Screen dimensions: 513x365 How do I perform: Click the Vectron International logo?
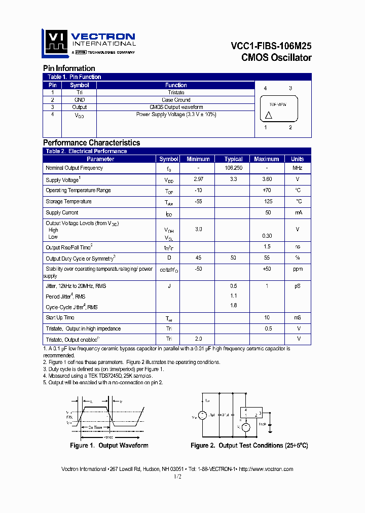[89, 43]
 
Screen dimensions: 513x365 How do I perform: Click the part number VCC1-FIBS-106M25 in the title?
[271, 46]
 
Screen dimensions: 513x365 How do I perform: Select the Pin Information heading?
[69, 68]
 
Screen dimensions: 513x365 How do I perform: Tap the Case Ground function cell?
[176, 100]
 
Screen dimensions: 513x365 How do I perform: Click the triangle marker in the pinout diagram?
[269, 116]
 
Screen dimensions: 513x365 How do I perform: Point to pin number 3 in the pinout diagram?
[290, 88]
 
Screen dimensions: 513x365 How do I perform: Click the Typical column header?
[233, 159]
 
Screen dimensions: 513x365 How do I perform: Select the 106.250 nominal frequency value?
[233, 168]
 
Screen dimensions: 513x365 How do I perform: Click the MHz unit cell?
[297, 168]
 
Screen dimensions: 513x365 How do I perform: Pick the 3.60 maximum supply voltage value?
[266, 179]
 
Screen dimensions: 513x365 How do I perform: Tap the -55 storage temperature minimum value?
[198, 201]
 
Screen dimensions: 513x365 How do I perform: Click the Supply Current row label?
[62, 213]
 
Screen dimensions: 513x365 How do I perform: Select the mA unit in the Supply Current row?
[297, 213]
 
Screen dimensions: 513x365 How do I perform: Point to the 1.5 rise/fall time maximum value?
[267, 246]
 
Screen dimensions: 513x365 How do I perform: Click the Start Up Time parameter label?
[60, 317]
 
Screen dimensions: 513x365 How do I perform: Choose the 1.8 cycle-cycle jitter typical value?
[233, 305]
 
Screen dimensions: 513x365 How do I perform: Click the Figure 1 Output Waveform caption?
[109, 446]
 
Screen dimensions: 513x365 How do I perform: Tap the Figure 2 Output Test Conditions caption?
[249, 446]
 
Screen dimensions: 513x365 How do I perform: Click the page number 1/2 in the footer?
[177, 477]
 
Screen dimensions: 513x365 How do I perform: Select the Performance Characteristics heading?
[91, 143]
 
